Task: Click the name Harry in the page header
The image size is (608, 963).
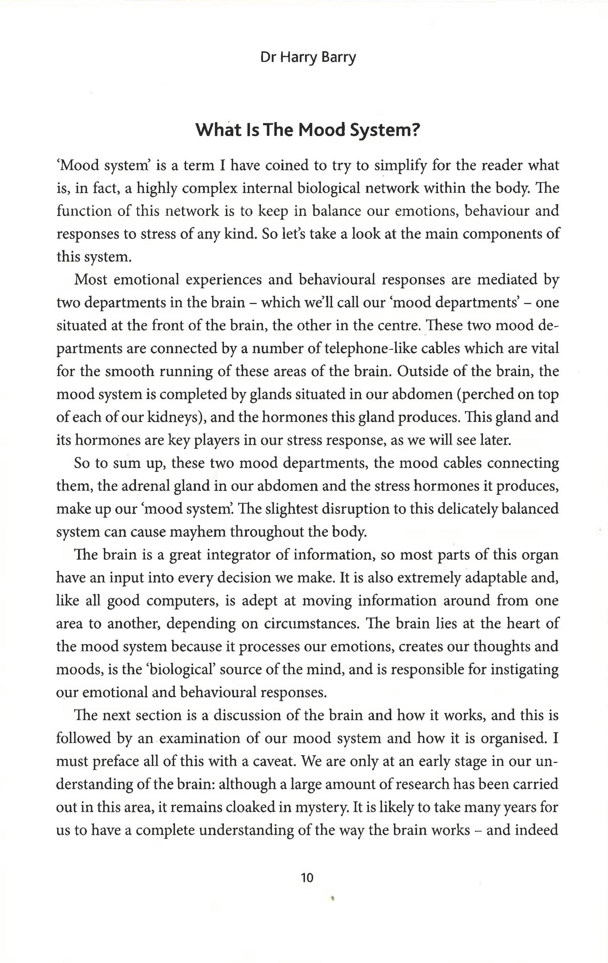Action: coord(297,58)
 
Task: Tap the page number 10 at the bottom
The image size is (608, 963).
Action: coord(307,878)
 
